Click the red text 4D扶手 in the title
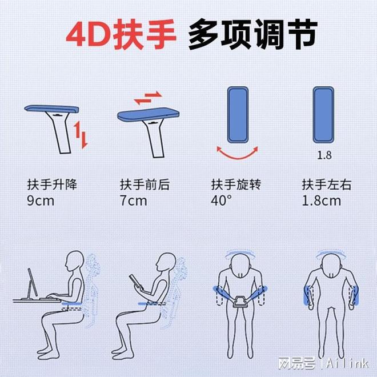(121, 34)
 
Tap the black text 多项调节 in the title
(253, 34)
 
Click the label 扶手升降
(52, 185)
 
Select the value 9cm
(41, 200)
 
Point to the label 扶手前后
(145, 185)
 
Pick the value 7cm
(133, 200)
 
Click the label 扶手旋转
(236, 185)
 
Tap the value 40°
(221, 200)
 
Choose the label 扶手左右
(327, 185)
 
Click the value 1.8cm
(321, 200)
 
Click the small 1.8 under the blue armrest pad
(324, 155)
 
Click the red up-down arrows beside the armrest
(81, 135)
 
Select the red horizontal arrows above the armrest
(148, 98)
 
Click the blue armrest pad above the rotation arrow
(238, 115)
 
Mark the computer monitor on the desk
(33, 283)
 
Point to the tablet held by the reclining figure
(136, 282)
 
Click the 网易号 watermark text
(297, 363)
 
